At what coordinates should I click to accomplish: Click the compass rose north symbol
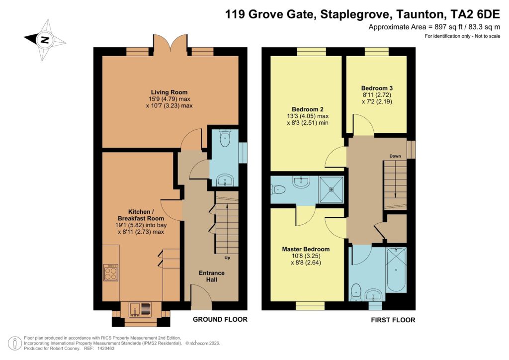point(44,40)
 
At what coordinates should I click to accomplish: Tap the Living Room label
point(170,92)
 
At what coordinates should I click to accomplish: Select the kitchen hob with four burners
point(110,272)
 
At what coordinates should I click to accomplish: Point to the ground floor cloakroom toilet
point(226,139)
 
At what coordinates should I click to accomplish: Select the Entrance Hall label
point(212,277)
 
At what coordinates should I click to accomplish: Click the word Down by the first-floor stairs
point(395,156)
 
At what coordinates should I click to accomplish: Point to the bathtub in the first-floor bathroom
point(396,270)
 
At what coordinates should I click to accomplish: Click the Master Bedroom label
point(306,249)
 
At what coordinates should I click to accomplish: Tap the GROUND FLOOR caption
point(220,319)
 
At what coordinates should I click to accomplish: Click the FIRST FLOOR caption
point(393,320)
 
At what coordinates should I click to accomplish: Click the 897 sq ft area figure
point(437,27)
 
